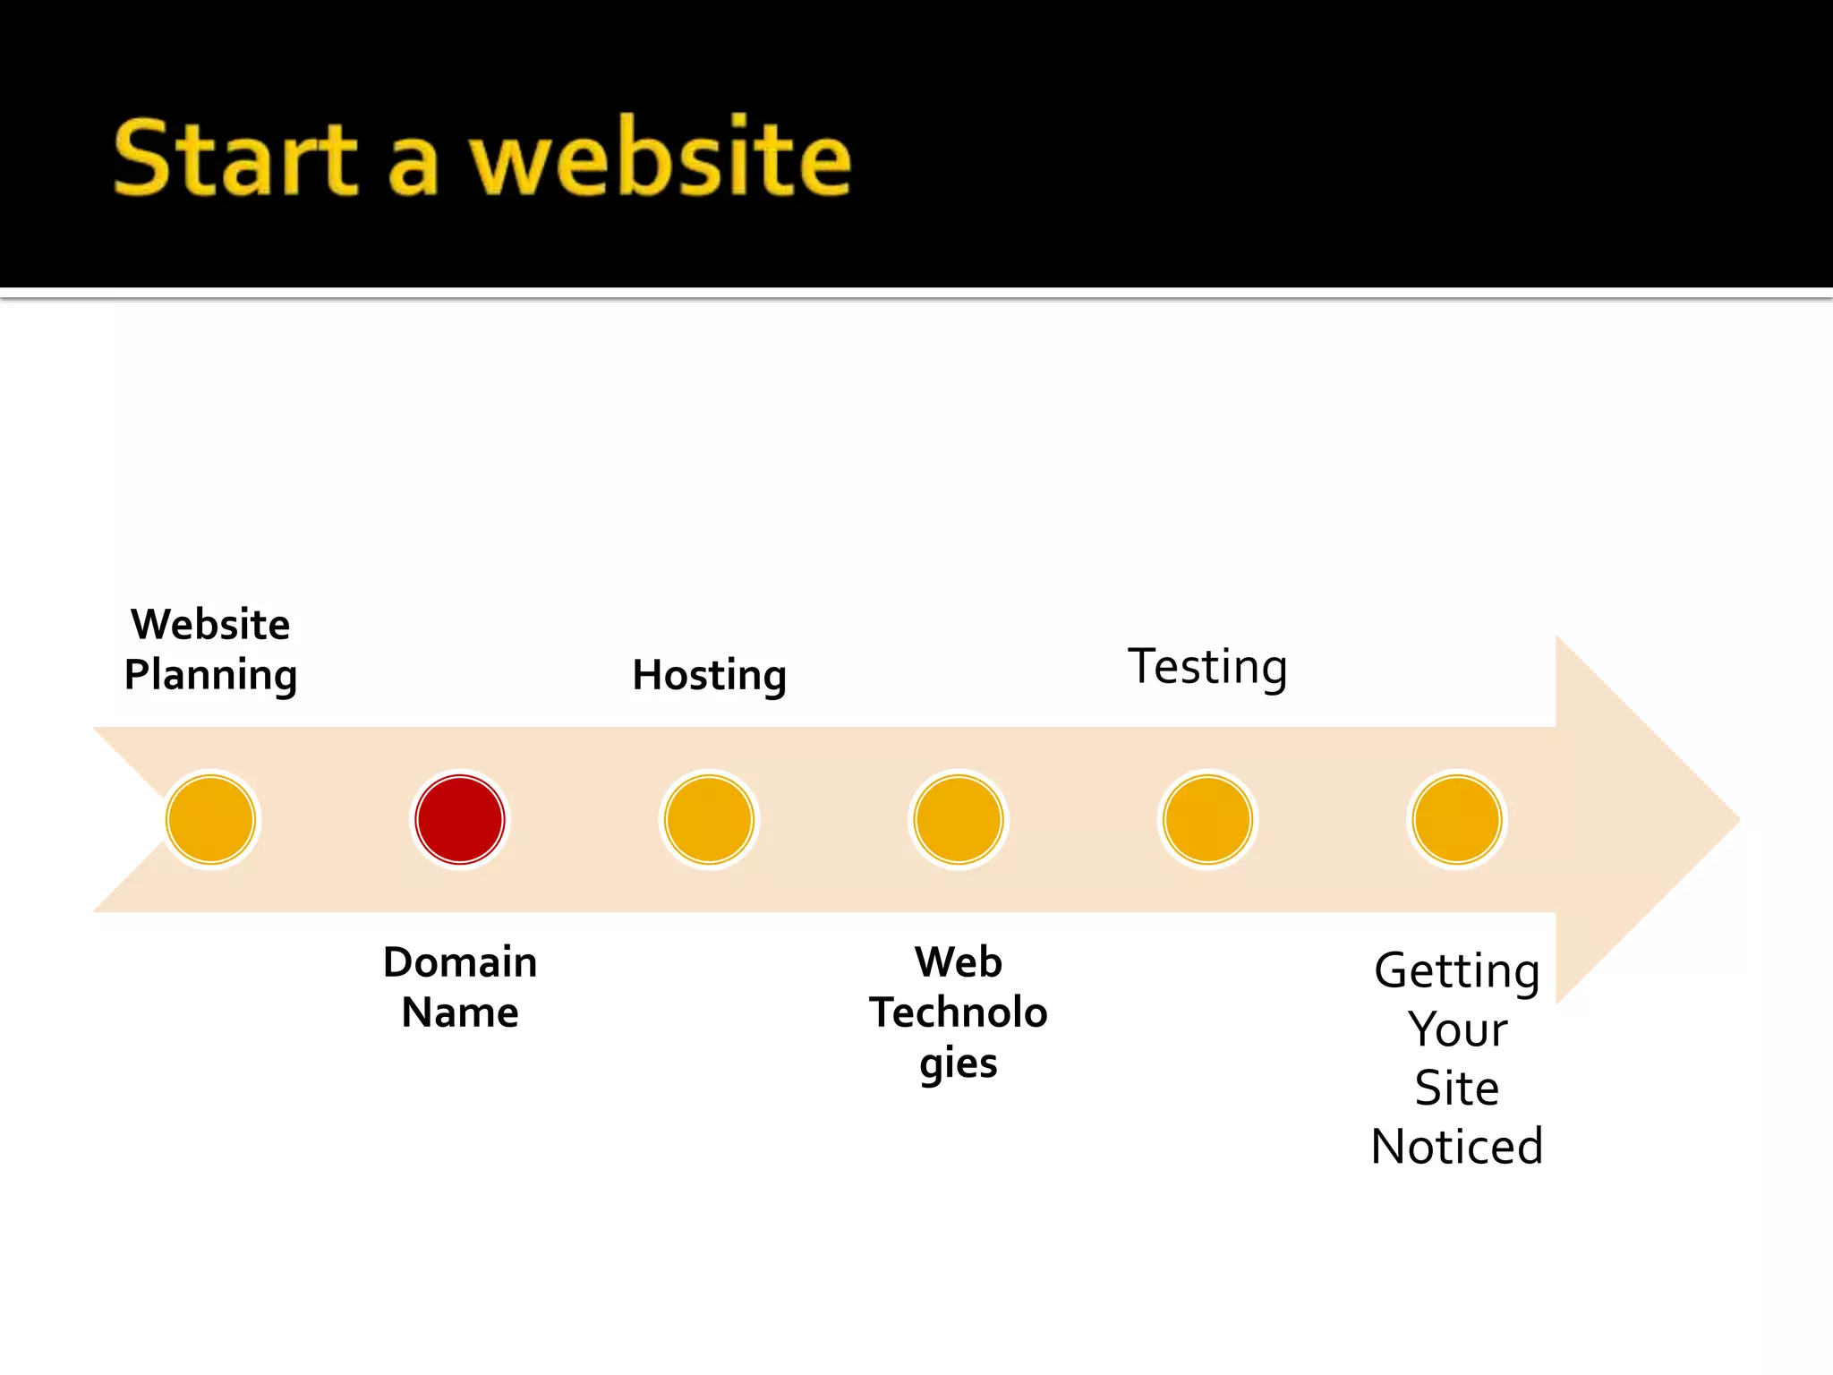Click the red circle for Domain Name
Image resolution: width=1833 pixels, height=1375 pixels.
pos(460,819)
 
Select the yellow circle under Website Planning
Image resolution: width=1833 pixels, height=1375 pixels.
pos(211,819)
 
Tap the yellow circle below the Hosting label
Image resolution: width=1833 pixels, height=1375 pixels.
pos(709,819)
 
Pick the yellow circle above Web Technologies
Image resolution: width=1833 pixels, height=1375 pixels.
pos(959,819)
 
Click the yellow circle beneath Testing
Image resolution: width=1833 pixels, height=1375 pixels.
pos(1207,819)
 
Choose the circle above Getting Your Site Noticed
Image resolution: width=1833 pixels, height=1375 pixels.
pos(1456,819)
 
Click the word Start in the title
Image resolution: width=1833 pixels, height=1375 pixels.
pos(236,159)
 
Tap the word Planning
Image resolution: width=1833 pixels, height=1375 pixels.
pos(210,676)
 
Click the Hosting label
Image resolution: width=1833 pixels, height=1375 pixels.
pos(709,676)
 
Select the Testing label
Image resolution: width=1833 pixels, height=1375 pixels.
pos(1207,668)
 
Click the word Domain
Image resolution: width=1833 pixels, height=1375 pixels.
pos(460,962)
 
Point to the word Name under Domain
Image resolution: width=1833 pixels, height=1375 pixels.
pos(460,1013)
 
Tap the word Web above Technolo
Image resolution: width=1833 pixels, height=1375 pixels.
pos(959,962)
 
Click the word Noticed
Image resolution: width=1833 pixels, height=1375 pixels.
pos(1456,1147)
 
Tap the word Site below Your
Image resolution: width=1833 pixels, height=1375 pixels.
pos(1456,1089)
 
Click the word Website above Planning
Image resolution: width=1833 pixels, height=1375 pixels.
pos(210,624)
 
